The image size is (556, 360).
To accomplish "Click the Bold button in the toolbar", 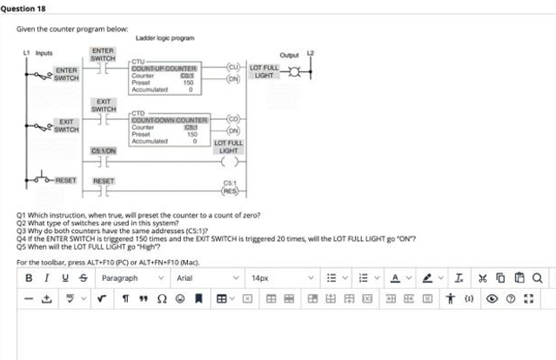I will [29, 278].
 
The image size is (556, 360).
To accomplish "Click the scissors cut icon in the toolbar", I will [482, 278].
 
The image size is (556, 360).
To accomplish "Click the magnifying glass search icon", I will [538, 278].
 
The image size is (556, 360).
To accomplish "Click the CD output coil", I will [232, 119].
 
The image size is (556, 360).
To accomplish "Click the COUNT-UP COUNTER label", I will [164, 68].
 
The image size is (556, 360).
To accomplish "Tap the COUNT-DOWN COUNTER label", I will [170, 120].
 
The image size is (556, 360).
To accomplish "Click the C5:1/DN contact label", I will [104, 150].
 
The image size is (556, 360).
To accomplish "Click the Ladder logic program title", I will [164, 37].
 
